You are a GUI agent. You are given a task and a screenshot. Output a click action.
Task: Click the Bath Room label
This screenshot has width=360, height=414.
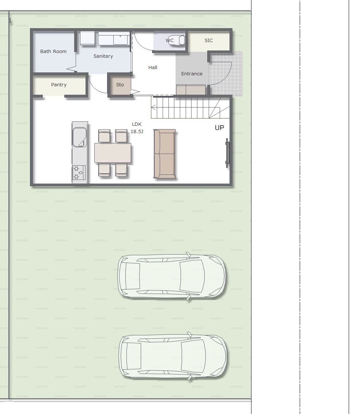tap(53, 52)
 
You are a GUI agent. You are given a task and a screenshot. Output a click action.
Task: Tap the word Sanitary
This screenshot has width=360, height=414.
tap(103, 56)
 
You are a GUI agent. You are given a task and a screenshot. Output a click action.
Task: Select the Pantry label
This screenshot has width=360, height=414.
tap(58, 85)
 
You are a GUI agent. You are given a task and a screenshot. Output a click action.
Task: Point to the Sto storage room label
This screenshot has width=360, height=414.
tap(120, 85)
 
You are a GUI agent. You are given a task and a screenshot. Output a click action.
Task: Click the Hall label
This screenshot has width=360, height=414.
tap(152, 68)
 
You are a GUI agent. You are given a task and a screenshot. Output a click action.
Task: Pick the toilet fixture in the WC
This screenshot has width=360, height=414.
tap(177, 40)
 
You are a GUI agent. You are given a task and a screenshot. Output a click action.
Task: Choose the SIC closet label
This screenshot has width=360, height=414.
tap(208, 40)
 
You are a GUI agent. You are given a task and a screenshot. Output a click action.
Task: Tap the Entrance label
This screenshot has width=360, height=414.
tap(192, 74)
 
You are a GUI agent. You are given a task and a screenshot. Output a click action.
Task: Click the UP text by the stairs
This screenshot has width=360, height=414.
tap(219, 128)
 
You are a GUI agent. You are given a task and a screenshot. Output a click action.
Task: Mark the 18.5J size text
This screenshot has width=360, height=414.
tap(137, 132)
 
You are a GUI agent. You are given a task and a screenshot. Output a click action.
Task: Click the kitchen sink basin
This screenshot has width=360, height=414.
tap(79, 137)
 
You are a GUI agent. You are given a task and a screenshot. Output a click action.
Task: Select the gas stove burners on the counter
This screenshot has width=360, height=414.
tap(79, 173)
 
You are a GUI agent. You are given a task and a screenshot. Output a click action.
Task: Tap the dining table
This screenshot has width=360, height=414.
tap(113, 153)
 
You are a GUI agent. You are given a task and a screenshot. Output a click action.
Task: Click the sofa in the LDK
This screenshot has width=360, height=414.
tap(165, 154)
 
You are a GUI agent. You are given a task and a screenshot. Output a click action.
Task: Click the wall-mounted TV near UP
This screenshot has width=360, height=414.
tap(227, 153)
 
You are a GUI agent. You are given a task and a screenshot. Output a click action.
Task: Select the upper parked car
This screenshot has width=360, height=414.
tap(171, 276)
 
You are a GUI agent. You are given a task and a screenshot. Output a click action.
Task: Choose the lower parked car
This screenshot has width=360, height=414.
tap(173, 356)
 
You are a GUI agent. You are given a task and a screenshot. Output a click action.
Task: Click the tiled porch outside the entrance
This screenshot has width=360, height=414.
tap(226, 74)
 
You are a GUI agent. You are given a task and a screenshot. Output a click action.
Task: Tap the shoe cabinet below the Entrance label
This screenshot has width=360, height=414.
tap(191, 90)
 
